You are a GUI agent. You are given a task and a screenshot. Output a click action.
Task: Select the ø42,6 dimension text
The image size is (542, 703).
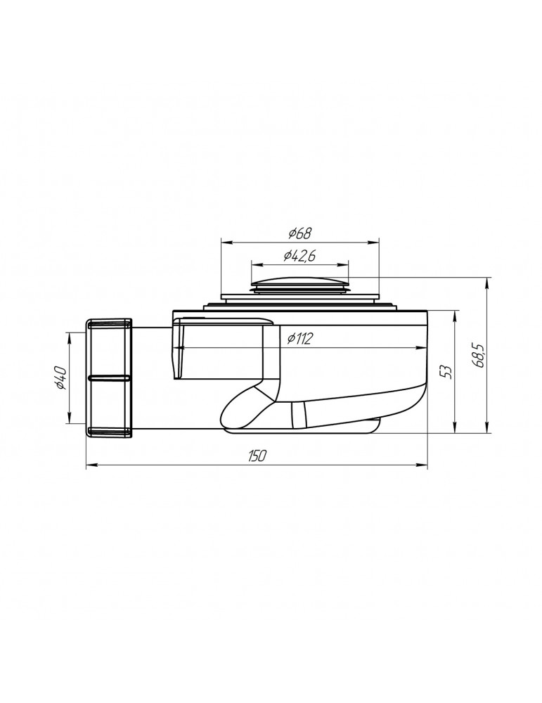pos(299,257)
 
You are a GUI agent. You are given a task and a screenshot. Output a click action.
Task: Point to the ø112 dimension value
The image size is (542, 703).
pos(300,339)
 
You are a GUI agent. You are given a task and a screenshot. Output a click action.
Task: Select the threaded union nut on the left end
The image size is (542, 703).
pos(109,378)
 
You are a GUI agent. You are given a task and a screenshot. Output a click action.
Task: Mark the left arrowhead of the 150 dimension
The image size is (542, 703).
pos(89,465)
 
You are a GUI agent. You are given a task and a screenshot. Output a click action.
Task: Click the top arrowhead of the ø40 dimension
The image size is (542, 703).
pos(69,335)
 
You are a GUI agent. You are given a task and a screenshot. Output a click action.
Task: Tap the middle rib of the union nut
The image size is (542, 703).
pos(109,378)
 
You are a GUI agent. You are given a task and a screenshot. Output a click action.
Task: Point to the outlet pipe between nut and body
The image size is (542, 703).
pos(151,380)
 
